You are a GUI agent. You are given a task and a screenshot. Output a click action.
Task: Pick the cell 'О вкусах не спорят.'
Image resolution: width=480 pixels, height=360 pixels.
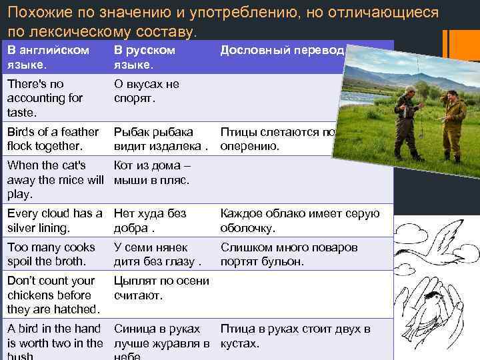[147, 91]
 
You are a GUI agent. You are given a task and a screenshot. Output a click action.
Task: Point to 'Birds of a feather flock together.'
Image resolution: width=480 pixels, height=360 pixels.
[53, 139]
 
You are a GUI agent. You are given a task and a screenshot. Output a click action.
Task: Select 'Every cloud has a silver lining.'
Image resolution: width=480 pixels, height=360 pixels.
[54, 221]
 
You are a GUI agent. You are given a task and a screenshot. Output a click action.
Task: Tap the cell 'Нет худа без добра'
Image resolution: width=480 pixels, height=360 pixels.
[150, 221]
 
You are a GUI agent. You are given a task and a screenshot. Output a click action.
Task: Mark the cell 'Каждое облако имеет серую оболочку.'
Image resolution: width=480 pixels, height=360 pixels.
[300, 221]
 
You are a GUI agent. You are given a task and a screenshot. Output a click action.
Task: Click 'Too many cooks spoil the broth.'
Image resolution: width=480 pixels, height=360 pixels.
[51, 254]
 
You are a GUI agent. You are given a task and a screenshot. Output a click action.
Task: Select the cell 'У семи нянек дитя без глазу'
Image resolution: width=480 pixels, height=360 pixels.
[157, 254]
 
